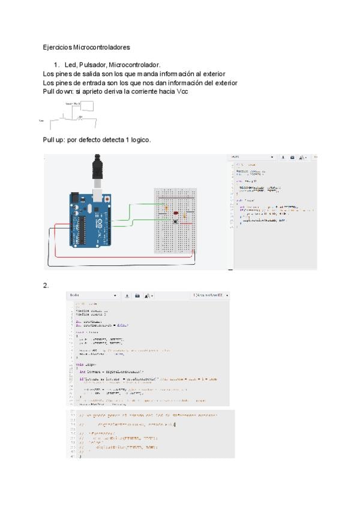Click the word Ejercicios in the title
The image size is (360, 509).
56,46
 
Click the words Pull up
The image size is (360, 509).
54,140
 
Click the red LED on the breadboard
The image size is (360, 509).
175,212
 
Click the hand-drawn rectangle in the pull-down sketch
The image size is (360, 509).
87,107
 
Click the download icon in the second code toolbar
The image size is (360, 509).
127,295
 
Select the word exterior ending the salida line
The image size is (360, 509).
211,73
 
